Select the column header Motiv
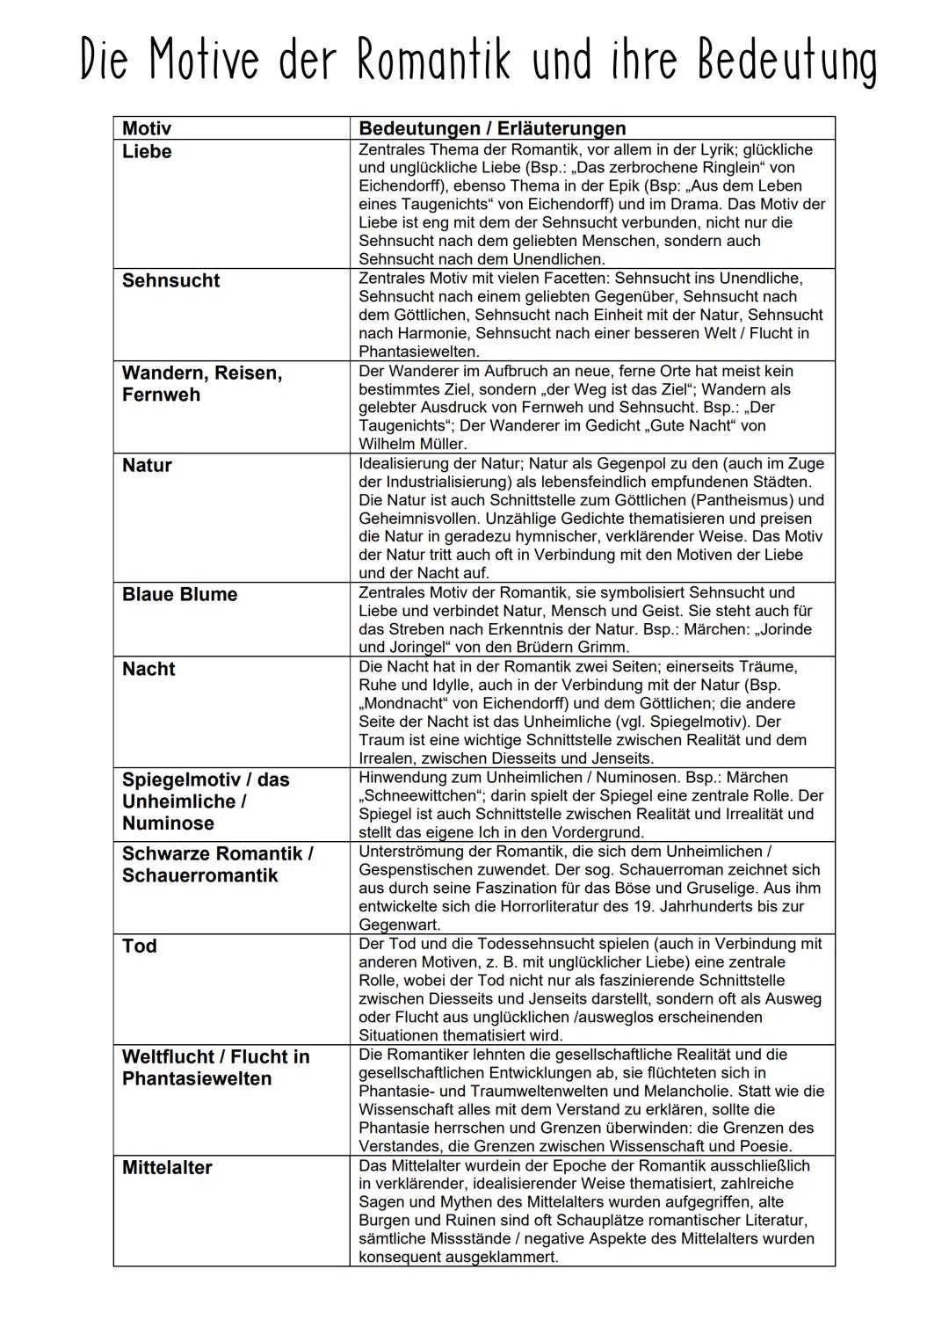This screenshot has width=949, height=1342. pos(147,128)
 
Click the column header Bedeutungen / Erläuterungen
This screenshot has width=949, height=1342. pos(492,128)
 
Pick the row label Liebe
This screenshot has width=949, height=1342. pos(147,151)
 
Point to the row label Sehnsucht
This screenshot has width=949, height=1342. pos(170,280)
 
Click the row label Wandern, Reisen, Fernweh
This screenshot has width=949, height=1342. pos(202,384)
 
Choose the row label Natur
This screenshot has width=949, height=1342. pos(147,465)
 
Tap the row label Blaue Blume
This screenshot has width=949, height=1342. pos(179,594)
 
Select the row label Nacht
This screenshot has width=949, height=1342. pos(149,669)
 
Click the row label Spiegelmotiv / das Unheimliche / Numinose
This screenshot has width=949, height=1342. pos(206,802)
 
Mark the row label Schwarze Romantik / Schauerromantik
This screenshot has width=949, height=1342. pos(217,864)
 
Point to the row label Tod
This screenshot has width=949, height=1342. pos(140,946)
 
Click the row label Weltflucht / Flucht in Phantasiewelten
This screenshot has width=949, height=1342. pos(215,1067)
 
